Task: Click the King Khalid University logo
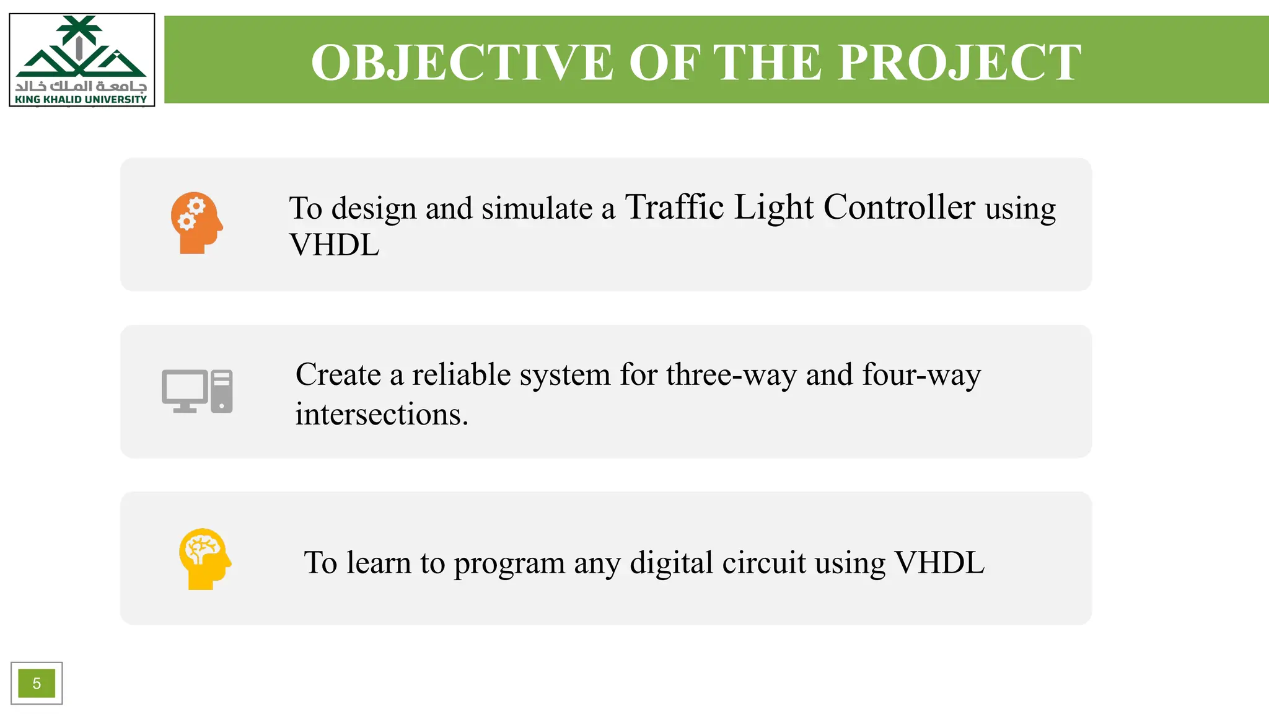(x=81, y=59)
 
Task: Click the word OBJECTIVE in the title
(x=462, y=63)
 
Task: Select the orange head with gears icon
(x=196, y=223)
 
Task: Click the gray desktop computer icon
(x=197, y=391)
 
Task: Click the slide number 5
(x=37, y=683)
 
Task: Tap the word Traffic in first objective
(x=674, y=207)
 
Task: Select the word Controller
(x=899, y=207)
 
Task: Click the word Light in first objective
(x=773, y=207)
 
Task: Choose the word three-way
(x=731, y=374)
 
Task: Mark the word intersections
(x=380, y=414)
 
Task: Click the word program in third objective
(x=509, y=563)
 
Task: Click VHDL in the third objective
(x=939, y=563)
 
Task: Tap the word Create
(x=338, y=374)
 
